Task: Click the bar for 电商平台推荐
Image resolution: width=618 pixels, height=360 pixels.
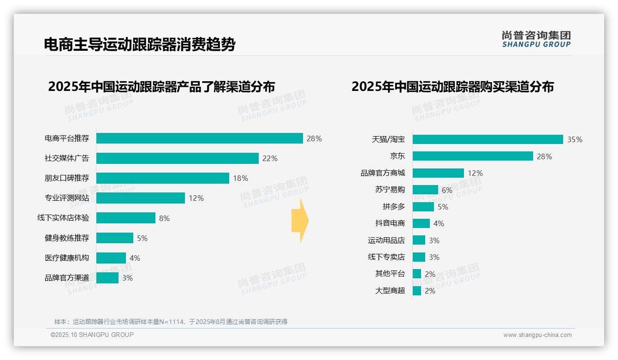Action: point(199,138)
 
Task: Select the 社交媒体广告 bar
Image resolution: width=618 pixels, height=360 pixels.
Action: point(177,158)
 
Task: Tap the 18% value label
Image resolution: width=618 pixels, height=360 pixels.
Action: point(240,178)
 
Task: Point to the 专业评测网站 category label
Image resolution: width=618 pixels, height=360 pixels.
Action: point(67,198)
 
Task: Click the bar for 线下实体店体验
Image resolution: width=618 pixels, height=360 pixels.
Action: point(125,218)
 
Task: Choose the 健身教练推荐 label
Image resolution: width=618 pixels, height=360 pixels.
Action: point(67,238)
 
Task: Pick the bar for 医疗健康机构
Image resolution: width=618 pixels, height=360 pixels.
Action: point(111,258)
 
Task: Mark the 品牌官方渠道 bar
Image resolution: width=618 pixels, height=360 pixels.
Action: point(107,278)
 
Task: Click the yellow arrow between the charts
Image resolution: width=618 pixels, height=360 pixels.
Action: point(300,221)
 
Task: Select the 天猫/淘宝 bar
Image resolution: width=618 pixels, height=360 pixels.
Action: point(487,139)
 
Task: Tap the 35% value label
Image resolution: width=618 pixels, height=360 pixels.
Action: point(575,140)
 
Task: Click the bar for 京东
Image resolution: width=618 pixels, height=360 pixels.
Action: point(473,156)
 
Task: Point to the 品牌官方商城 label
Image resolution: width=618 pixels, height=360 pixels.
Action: point(383,173)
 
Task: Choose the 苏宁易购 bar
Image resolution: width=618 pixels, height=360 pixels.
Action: point(425,190)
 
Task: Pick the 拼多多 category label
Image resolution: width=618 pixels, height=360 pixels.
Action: point(394,207)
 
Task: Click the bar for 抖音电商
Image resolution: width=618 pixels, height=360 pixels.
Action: point(421,223)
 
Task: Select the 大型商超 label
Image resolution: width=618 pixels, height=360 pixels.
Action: point(390,291)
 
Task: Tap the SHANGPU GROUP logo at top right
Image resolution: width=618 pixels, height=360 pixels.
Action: point(536,39)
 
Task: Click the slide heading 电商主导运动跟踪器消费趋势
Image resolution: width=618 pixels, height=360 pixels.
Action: point(140,45)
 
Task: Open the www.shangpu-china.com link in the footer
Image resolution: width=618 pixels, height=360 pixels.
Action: point(537,335)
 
